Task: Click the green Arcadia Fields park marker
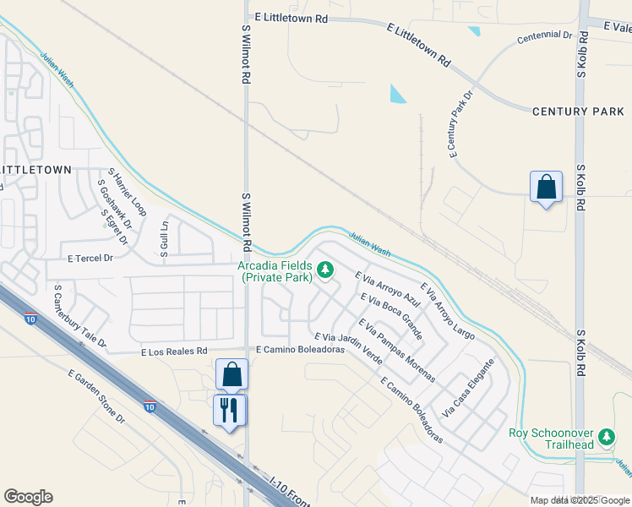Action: [x=326, y=270]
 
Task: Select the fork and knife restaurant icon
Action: [x=229, y=411]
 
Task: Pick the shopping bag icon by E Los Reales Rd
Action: [x=231, y=373]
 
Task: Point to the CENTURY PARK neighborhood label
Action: [x=578, y=112]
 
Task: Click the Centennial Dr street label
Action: [x=545, y=36]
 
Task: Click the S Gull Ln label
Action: [x=164, y=239]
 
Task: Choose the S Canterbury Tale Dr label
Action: [x=79, y=317]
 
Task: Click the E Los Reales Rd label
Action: [x=174, y=351]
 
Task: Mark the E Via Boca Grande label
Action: [x=391, y=310]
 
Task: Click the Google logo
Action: [x=28, y=497]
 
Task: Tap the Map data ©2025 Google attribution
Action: [x=580, y=500]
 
